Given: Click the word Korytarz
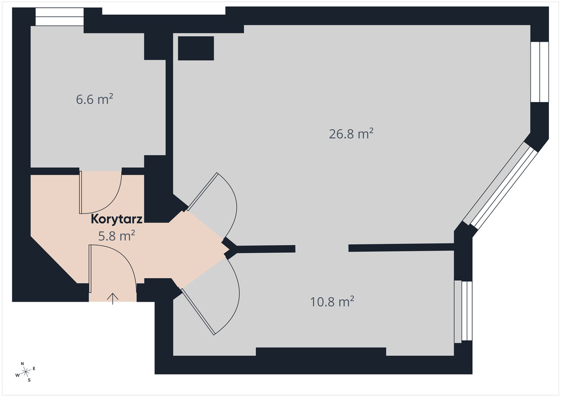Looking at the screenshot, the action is tap(117, 219).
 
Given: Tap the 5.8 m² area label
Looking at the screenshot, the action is tap(117, 236).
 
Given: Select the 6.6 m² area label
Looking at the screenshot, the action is tap(94, 99).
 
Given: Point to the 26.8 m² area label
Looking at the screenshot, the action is tap(351, 134).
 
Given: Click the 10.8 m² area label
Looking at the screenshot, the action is tap(332, 302).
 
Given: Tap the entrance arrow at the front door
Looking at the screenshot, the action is tap(113, 298).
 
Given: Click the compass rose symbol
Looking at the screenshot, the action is tap(25, 372).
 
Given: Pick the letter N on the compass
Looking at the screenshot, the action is tap(22, 364).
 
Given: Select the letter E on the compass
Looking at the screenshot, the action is tap(34, 368).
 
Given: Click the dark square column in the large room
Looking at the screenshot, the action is tap(196, 48).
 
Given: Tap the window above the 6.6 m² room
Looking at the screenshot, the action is tap(59, 16).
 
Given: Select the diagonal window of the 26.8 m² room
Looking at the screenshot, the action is tap(500, 185).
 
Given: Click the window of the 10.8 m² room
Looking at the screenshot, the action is tap(463, 311).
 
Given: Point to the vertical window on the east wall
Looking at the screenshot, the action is tap(540, 72).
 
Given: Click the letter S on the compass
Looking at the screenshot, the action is tap(30, 380).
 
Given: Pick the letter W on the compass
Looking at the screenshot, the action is tap(17, 375).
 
